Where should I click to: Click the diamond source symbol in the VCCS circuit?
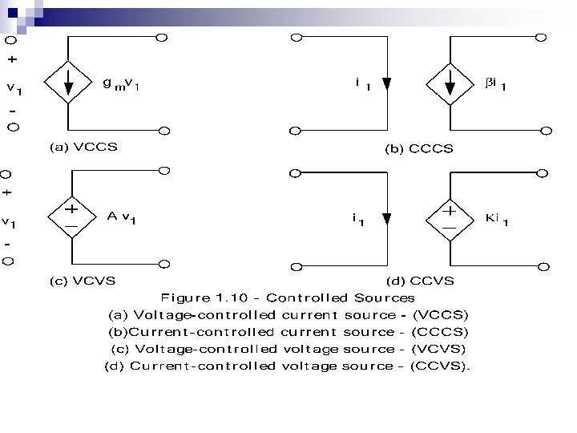pos(71,83)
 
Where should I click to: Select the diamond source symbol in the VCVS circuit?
pos(71,216)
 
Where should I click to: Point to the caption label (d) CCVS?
pos(420,280)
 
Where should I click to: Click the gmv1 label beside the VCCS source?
pos(121,83)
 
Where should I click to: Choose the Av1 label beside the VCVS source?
pos(122,217)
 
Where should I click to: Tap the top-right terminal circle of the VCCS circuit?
pos(162,37)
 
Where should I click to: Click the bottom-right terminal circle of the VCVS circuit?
pos(163,262)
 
